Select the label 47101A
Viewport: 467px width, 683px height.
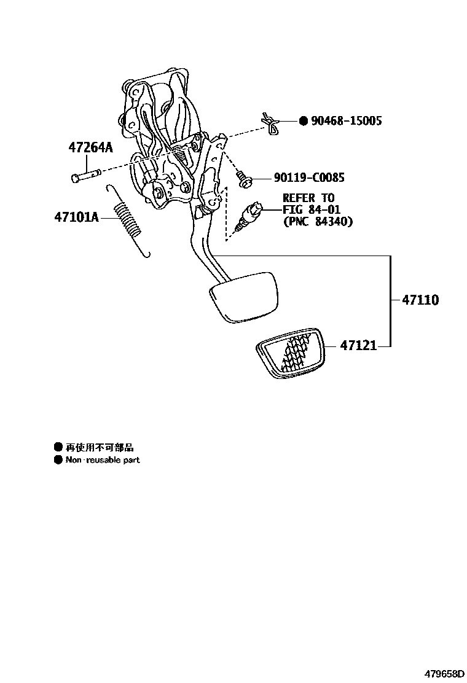77,217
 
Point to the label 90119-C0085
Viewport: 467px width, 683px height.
308,178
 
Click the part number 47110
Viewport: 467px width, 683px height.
420,300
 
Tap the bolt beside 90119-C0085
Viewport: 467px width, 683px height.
243,180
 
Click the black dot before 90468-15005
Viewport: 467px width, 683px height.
303,120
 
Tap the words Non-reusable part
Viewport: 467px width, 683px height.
103,460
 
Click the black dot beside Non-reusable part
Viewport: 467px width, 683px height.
58,460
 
